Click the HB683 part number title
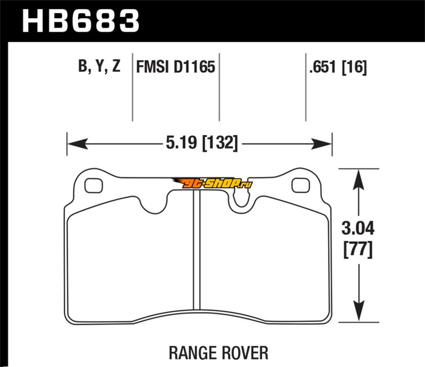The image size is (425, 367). point(81,21)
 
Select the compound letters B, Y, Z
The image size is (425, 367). point(99,66)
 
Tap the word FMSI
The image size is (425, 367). point(152,67)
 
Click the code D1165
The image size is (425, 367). point(194,67)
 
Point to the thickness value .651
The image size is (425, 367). point(322,67)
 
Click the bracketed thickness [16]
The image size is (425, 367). point(354,67)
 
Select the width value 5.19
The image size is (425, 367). point(181,142)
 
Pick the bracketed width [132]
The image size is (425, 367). point(220,143)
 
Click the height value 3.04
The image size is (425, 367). point(358,228)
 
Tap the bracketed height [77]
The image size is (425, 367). point(358,250)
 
